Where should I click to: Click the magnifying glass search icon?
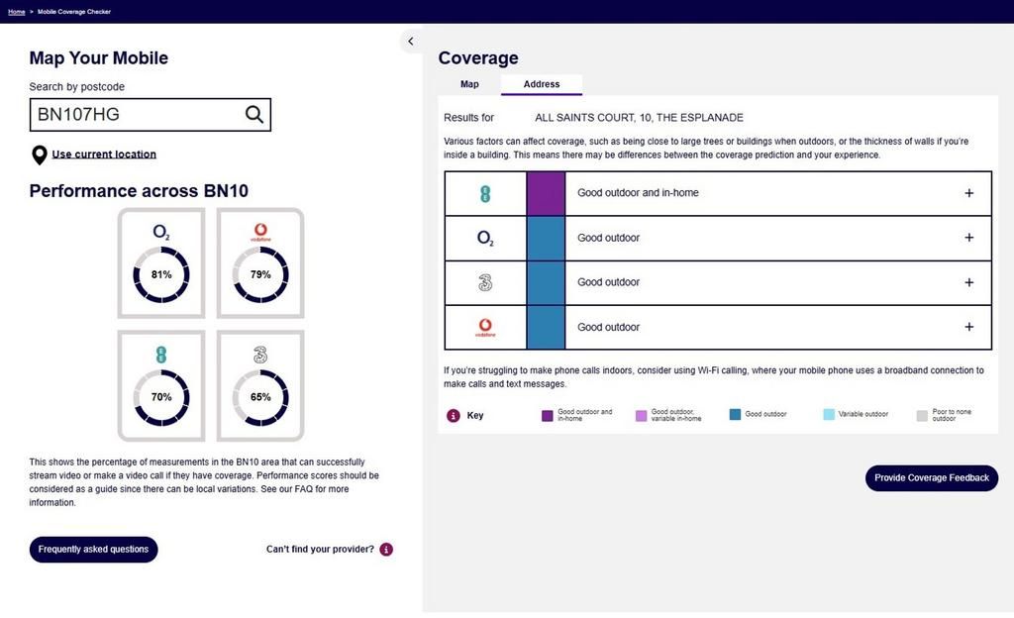coord(254,115)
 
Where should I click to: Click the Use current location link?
coord(104,154)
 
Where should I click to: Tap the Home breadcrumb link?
coord(16,12)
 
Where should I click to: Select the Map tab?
coord(469,84)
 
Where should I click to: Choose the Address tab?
coord(542,84)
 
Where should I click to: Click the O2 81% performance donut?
coord(161,274)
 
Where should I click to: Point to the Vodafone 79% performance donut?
coord(260,274)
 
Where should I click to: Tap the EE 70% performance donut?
coord(161,397)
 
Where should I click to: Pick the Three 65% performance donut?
coord(260,397)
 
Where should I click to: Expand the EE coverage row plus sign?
coord(969,193)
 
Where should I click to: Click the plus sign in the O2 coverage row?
coord(969,238)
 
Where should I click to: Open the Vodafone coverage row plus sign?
coord(969,327)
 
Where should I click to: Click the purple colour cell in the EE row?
coord(546,193)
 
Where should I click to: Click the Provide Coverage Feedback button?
coord(932,477)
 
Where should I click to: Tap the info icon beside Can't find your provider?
coord(386,550)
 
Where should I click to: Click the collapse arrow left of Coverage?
coord(411,42)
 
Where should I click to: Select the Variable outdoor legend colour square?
coord(829,415)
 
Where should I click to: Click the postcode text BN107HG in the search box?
coord(79,115)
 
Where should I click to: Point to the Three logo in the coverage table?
coord(485,282)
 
